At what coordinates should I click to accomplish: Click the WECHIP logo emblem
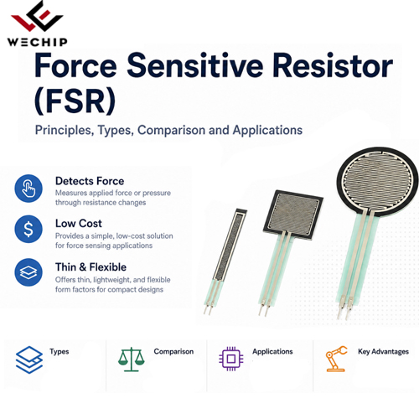37,16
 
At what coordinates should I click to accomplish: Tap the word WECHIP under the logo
38,42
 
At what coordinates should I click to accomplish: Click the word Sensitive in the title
195,65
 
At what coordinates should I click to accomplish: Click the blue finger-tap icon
28,189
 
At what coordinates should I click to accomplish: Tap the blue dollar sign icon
28,229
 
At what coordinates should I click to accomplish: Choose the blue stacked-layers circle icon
28,272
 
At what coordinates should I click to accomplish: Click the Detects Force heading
90,181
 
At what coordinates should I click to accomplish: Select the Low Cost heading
79,224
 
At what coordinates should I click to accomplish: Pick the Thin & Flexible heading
91,267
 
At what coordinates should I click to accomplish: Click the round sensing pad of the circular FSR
378,183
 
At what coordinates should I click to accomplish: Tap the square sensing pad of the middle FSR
293,215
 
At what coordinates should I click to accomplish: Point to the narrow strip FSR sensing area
230,245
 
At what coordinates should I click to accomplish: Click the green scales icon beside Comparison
132,360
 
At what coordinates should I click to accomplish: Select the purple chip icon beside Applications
231,359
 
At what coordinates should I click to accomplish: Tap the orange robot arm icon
336,359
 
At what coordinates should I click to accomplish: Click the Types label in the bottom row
59,352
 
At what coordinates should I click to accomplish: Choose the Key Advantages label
383,352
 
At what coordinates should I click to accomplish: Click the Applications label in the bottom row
272,352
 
